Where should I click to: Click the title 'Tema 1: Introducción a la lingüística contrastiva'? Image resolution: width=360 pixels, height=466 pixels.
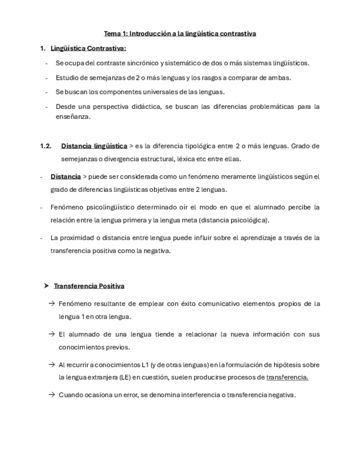[180, 34]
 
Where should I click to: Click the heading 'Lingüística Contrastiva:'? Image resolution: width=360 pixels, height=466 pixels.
[88, 48]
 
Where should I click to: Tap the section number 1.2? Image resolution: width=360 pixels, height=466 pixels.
[46, 146]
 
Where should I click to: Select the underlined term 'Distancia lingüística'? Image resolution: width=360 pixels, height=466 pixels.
[94, 146]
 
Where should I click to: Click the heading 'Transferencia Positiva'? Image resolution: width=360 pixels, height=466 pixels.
[89, 286]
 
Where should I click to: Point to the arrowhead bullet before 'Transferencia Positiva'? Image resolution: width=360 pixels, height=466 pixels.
[47, 286]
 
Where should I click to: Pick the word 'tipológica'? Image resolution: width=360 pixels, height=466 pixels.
[215, 146]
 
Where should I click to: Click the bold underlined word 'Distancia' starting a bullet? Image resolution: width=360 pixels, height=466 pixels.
[65, 177]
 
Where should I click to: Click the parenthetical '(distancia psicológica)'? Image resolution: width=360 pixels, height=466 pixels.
[234, 220]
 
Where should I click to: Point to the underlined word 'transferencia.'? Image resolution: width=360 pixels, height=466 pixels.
[287, 378]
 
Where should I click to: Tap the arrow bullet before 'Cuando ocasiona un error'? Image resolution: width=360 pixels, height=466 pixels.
[51, 395]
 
